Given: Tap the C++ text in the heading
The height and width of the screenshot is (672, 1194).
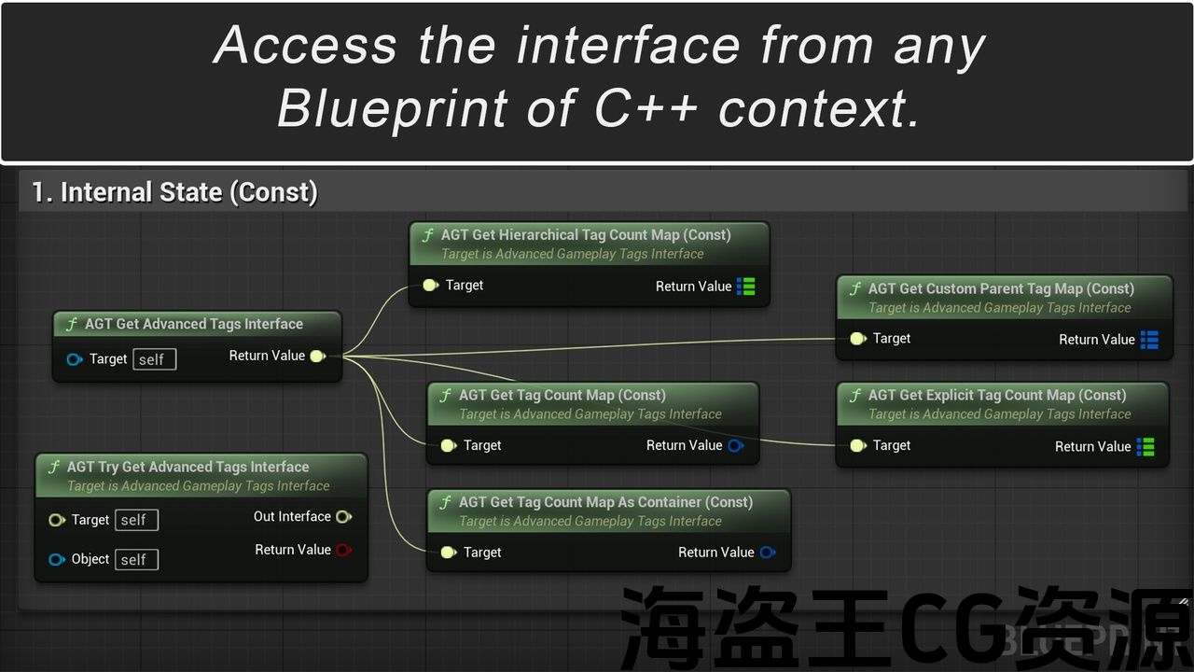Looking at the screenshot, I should (x=646, y=109).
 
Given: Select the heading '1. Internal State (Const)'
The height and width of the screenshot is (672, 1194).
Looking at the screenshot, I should (x=174, y=192).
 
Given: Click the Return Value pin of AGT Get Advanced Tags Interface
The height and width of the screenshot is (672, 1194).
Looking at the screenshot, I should (x=317, y=356).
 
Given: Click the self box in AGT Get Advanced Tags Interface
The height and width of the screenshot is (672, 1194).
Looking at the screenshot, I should (x=154, y=359).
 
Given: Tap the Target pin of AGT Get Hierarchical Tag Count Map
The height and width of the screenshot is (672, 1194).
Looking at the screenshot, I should (x=429, y=285).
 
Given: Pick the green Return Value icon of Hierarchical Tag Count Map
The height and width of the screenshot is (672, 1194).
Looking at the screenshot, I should (x=746, y=287).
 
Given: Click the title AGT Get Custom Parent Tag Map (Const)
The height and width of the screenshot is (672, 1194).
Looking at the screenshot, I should (x=1001, y=289).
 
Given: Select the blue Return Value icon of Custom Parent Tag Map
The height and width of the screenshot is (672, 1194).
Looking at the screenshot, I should (x=1149, y=340).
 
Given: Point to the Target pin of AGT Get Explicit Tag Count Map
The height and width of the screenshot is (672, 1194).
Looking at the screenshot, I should (x=857, y=445).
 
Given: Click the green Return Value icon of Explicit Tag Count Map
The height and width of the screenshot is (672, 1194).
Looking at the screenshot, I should (x=1145, y=447).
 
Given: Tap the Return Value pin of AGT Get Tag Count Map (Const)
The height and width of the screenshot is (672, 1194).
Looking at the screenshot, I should (x=735, y=445).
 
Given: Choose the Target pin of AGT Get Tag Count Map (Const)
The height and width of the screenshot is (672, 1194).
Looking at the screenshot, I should (x=448, y=445).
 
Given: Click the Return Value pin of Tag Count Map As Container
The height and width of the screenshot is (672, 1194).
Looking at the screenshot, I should (x=767, y=553).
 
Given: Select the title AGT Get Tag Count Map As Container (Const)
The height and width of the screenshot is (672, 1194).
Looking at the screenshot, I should (x=605, y=502).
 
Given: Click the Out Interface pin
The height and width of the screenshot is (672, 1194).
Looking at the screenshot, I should (x=343, y=516).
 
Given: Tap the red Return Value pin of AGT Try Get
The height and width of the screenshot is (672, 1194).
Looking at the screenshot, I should (x=343, y=550).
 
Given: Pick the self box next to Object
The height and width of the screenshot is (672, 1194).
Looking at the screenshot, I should (x=136, y=559).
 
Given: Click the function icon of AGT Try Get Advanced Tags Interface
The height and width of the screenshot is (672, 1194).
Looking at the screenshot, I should (x=54, y=467).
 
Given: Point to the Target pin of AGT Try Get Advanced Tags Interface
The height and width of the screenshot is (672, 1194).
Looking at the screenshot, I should (x=56, y=520).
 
